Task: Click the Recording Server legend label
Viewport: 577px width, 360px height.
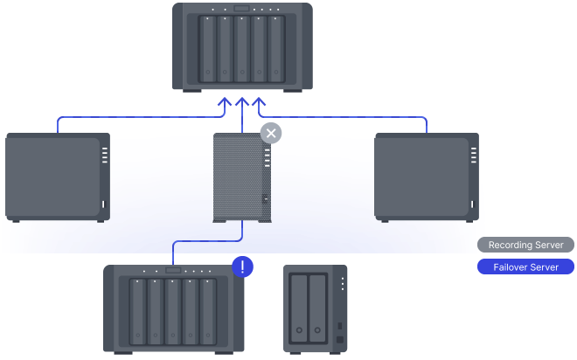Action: pos(525,245)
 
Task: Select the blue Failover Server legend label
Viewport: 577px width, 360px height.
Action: pos(525,267)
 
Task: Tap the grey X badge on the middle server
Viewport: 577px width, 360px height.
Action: pos(271,133)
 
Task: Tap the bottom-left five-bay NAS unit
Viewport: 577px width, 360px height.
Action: pos(173,308)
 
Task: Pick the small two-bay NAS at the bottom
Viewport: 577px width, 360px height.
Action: pos(315,308)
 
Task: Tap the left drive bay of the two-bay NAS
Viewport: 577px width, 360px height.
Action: pos(300,310)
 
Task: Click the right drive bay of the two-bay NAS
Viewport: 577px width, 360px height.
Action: pos(318,310)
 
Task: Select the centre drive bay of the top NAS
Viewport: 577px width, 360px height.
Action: pos(242,49)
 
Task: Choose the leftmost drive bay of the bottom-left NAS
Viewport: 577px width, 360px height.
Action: pos(137,312)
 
